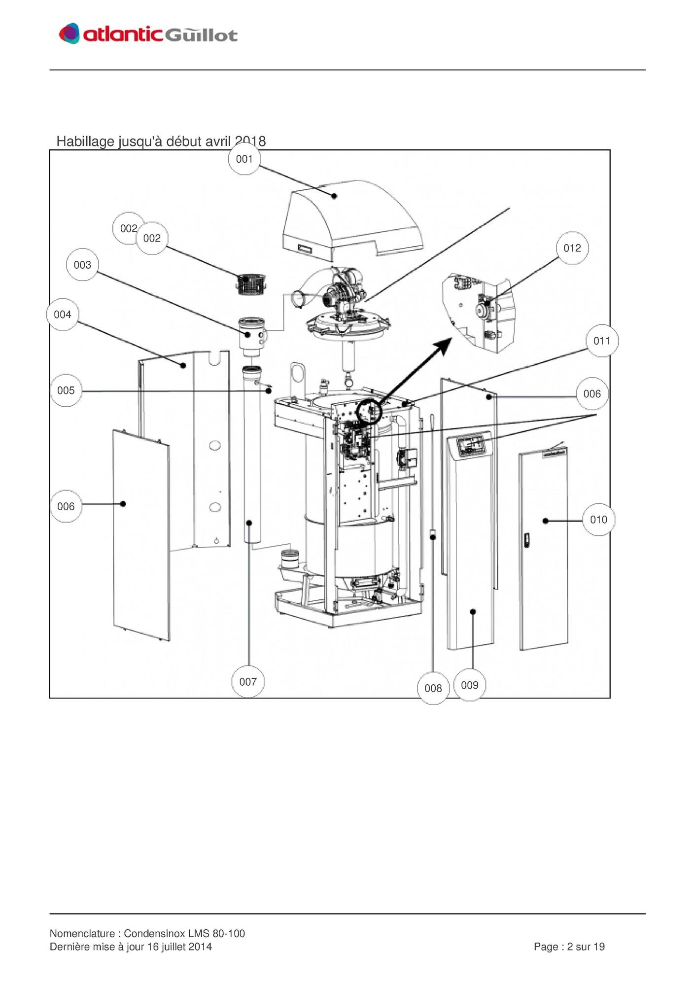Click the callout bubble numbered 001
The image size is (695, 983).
click(244, 159)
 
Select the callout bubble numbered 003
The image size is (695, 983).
click(82, 265)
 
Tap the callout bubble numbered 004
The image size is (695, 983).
click(63, 315)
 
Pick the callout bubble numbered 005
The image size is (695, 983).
click(66, 390)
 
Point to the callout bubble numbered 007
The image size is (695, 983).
click(248, 682)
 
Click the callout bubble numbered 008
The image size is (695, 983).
click(433, 688)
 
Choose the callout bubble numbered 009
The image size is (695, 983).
click(470, 685)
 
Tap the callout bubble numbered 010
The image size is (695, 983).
click(599, 520)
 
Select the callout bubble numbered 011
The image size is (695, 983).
click(602, 341)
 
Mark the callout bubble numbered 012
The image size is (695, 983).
click(572, 248)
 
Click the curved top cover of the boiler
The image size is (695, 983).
click(353, 219)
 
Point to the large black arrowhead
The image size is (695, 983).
click(444, 346)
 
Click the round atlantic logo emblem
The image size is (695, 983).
click(69, 34)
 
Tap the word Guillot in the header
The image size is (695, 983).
click(201, 35)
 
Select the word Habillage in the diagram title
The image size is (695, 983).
click(85, 141)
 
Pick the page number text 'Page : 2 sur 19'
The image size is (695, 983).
click(569, 947)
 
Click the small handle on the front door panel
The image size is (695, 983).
click(526, 540)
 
